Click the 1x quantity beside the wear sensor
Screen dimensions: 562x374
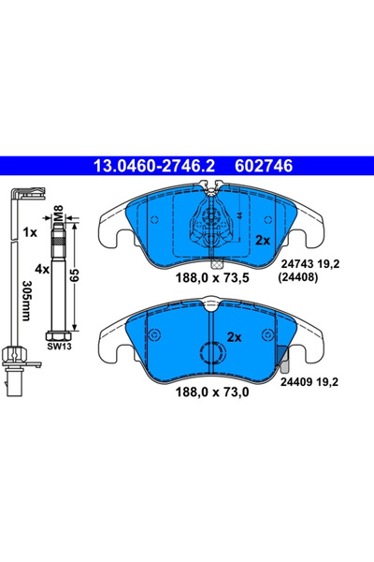pos(30,229)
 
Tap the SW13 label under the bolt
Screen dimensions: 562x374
pos(58,346)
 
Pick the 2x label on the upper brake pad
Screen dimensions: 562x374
pos(263,240)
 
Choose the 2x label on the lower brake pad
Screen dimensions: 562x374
pos(233,337)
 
